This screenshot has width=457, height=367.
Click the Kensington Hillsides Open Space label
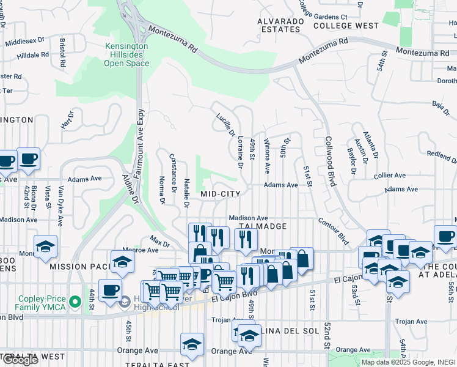[126, 54]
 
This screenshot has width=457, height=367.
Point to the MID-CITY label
[221, 193]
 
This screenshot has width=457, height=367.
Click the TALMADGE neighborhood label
[262, 226]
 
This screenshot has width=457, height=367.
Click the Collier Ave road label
[390, 175]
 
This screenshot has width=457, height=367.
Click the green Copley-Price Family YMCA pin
[75, 302]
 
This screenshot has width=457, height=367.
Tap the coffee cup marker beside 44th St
[110, 290]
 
